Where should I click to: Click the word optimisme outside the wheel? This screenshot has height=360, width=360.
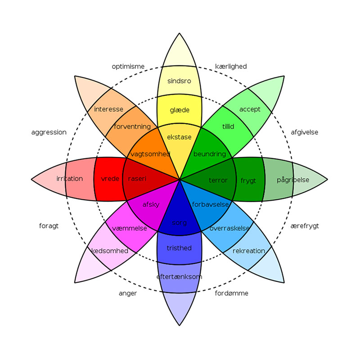pos(128,67)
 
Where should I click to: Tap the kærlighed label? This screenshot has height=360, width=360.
pos(231,67)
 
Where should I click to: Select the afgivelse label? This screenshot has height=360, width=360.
pos(305,132)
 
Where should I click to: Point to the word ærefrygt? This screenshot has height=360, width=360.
pos(305,226)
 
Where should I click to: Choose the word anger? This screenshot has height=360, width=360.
pos(128,293)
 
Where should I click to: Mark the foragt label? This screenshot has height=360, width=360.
pos(49,226)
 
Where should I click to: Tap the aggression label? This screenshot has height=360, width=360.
pos(49,132)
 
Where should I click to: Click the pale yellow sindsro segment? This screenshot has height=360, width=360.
pos(179,81)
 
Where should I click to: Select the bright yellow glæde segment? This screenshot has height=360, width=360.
pos(180,110)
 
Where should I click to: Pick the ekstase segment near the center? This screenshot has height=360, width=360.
pos(180,137)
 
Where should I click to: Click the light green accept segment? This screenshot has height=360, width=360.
pos(250,109)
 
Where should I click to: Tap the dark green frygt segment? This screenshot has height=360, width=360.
pos(248,180)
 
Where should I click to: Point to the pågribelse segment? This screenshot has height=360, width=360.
pos(292,180)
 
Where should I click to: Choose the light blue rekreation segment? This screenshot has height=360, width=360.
pos(249,251)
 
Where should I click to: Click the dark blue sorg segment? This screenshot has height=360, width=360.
pos(180,223)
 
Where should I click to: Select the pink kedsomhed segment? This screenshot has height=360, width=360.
pos(110,251)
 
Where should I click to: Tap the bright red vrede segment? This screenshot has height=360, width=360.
pos(110,179)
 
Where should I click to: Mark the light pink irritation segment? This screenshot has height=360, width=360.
pos(70,179)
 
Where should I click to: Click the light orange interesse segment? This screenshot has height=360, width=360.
pos(109,109)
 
